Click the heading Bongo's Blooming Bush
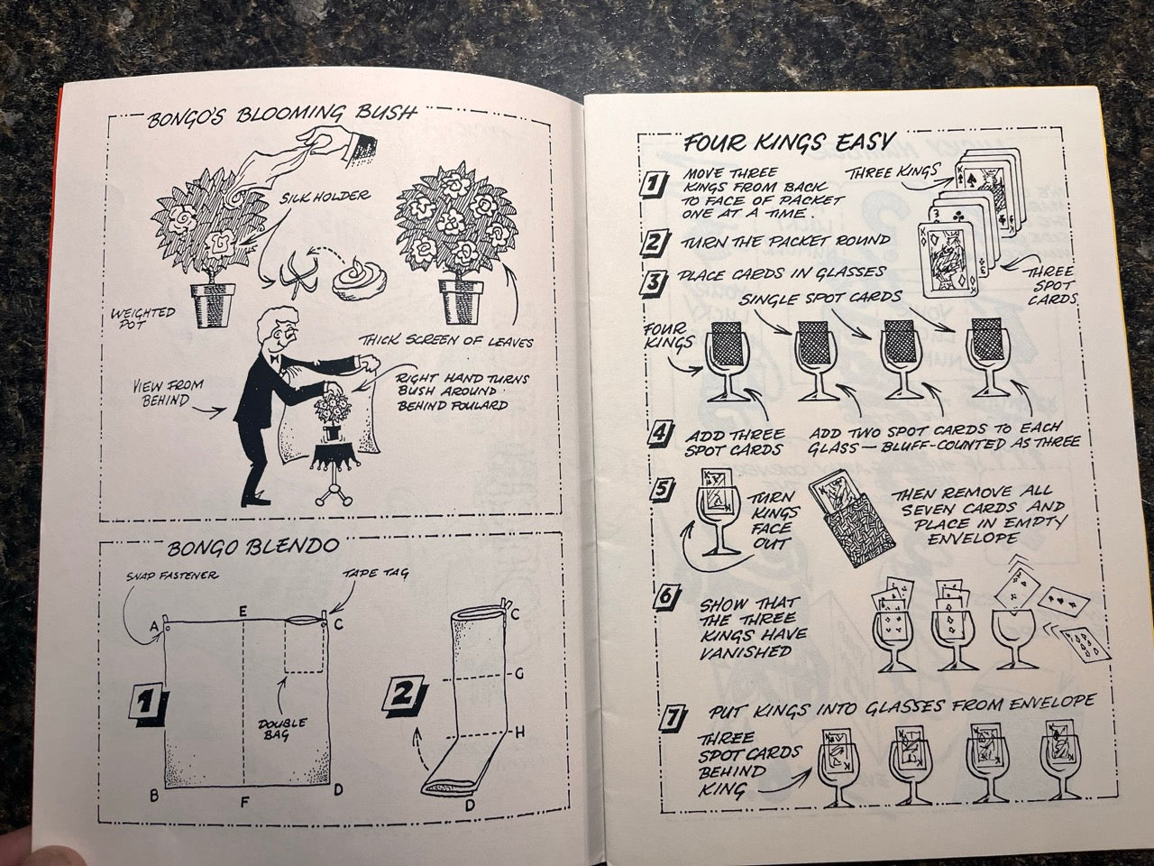click(x=282, y=116)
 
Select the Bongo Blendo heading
click(x=252, y=548)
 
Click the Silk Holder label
click(x=325, y=198)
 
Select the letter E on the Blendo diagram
click(x=243, y=612)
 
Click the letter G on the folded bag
click(x=518, y=675)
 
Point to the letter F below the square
click(x=244, y=802)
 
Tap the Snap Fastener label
click(x=172, y=576)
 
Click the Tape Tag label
click(x=375, y=573)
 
